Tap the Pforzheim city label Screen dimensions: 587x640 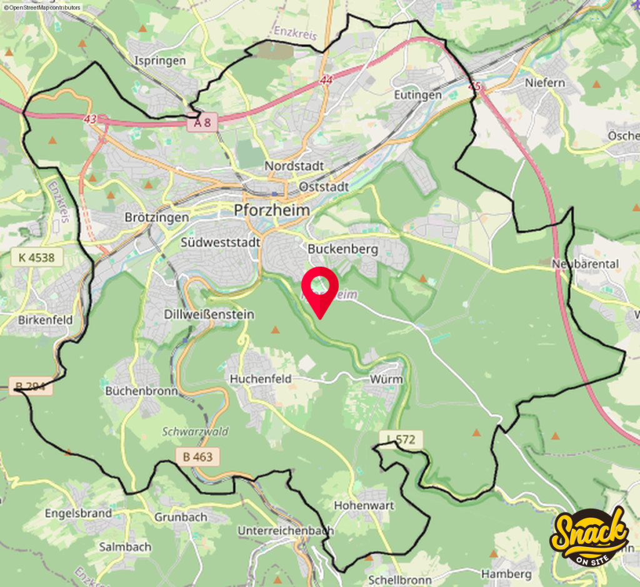click(x=272, y=210)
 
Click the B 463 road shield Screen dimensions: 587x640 click(x=197, y=456)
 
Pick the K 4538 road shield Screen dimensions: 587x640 click(x=37, y=256)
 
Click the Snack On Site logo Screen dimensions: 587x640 click(x=589, y=536)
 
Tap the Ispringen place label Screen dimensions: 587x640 click(x=161, y=61)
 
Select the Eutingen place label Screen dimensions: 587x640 click(x=418, y=95)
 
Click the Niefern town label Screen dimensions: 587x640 click(x=545, y=82)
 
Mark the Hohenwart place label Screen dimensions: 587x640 click(x=364, y=505)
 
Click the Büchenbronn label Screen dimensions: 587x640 click(x=141, y=391)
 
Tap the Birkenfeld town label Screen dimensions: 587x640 click(x=45, y=320)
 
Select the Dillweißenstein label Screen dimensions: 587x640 click(x=209, y=314)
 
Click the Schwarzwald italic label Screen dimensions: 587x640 click(x=196, y=432)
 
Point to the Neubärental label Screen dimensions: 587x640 click(x=586, y=264)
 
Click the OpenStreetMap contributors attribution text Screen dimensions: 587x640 click(x=41, y=7)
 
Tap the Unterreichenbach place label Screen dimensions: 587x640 click(x=286, y=530)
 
